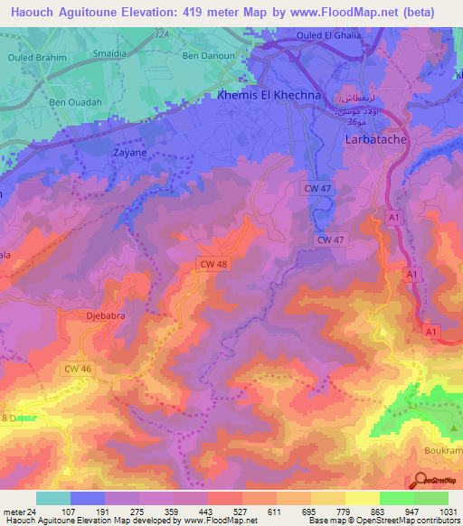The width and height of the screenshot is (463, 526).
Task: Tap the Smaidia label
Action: click(x=110, y=53)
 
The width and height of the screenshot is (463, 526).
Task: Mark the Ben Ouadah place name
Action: click(x=76, y=102)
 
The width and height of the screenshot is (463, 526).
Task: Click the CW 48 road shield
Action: click(x=210, y=264)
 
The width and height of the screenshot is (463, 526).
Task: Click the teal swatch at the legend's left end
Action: click(x=52, y=497)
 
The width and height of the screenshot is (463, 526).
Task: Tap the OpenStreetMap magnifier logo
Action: click(x=419, y=481)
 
